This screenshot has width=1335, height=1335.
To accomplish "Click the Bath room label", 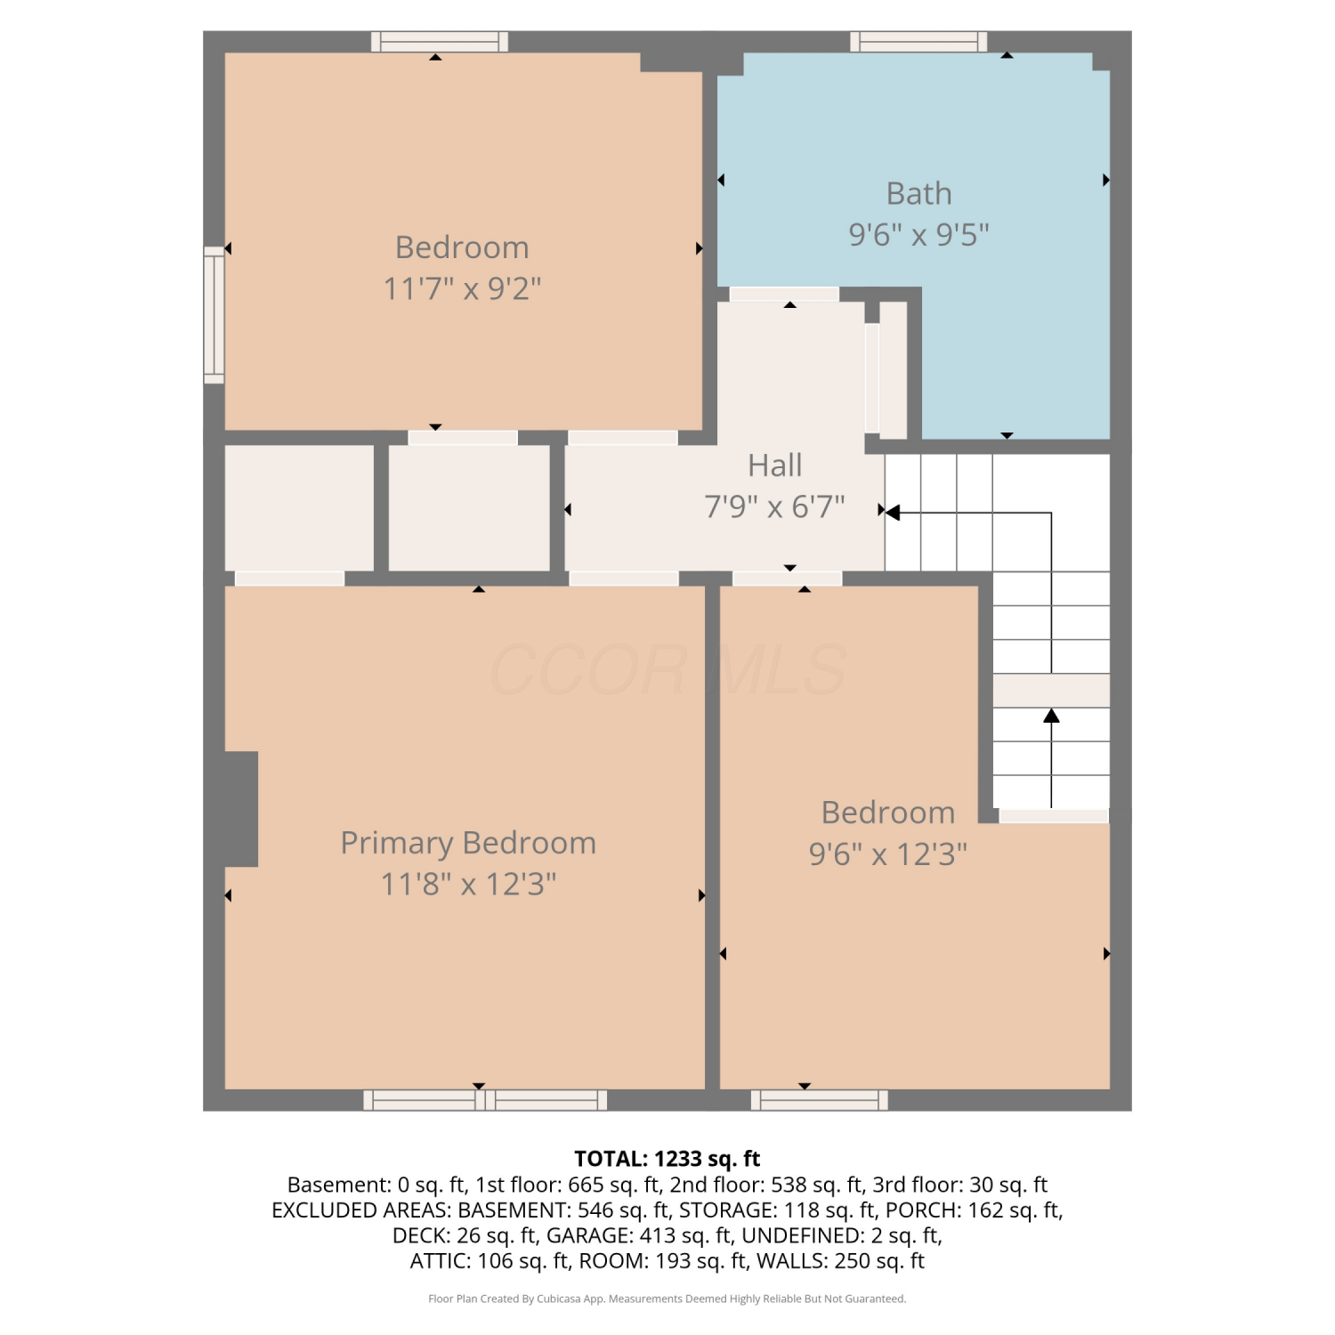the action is pyautogui.click(x=918, y=193).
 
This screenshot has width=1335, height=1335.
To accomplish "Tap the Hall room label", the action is pyautogui.click(x=774, y=465).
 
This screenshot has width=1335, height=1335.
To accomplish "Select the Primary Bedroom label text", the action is pyautogui.click(x=468, y=843).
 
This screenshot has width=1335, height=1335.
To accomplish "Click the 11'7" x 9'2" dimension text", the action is pyautogui.click(x=462, y=288).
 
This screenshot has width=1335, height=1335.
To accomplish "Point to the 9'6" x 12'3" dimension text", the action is pyautogui.click(x=887, y=854).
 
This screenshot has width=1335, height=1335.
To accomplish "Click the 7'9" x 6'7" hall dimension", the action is pyautogui.click(x=774, y=506).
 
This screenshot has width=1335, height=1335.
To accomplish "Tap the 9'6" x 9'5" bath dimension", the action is pyautogui.click(x=918, y=234).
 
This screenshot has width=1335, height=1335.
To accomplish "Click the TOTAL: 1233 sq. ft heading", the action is pyautogui.click(x=667, y=1159).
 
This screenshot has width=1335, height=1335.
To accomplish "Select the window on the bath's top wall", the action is pyautogui.click(x=918, y=42).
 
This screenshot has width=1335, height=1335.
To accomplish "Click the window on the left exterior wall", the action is pyautogui.click(x=214, y=315).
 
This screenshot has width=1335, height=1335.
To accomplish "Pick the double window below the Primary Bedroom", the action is pyautogui.click(x=485, y=1100).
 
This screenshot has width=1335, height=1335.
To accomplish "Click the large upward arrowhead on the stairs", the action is pyautogui.click(x=1051, y=716).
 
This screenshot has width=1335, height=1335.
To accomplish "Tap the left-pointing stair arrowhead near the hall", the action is pyautogui.click(x=893, y=513).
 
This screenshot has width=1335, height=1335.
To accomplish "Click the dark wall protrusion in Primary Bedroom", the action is pyautogui.click(x=240, y=809).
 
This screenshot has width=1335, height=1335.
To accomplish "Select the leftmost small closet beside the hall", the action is pyautogui.click(x=299, y=507).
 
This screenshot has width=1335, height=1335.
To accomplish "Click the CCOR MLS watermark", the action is pyautogui.click(x=667, y=669).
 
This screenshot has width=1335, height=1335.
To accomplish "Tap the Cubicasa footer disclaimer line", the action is pyautogui.click(x=667, y=1299).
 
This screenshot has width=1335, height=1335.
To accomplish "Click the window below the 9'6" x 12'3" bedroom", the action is pyautogui.click(x=819, y=1100).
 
